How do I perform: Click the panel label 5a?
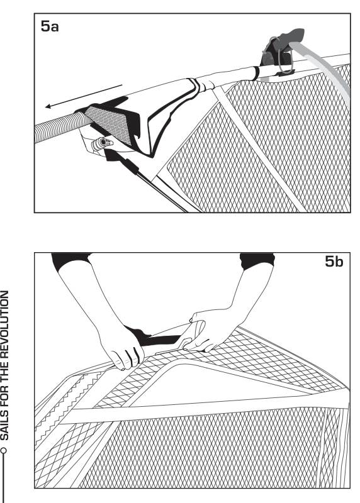point(50,26)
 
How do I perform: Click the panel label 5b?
point(334,262)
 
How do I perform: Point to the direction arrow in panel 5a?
point(84,96)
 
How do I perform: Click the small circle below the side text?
point(4,450)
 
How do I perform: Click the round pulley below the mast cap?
point(103,142)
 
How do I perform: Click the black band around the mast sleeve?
point(256,74)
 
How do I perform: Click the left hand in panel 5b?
point(121,348)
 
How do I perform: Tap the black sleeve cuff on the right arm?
point(257,260)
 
